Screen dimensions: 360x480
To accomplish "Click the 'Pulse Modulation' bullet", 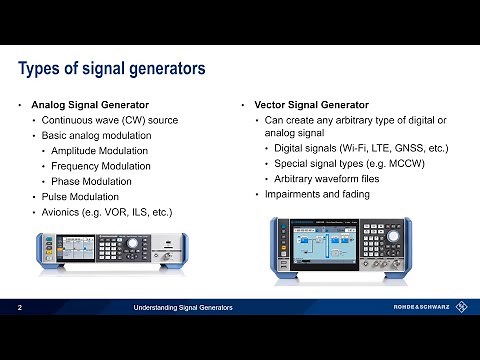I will click(88, 196).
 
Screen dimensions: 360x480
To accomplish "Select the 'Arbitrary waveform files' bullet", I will click(336, 179).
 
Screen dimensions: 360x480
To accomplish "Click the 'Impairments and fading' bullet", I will click(318, 194).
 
